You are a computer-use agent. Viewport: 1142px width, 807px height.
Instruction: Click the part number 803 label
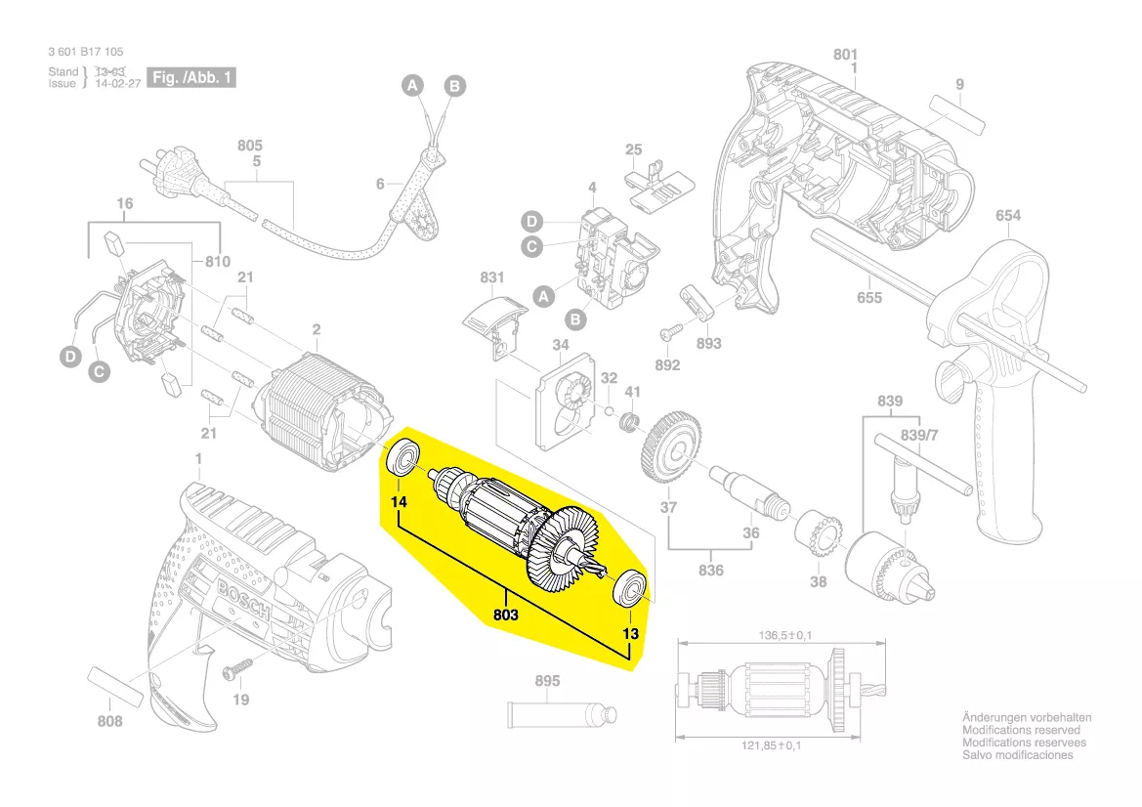pyautogui.click(x=505, y=616)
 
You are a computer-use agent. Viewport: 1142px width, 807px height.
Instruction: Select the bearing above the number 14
pyautogui.click(x=400, y=458)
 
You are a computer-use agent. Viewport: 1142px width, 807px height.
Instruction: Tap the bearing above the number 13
pyautogui.click(x=628, y=589)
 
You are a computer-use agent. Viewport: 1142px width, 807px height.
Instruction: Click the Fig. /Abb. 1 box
pyautogui.click(x=190, y=77)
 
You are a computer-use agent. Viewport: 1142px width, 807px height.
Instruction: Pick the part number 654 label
pyautogui.click(x=1008, y=216)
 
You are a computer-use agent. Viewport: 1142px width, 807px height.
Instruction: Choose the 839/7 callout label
pyautogui.click(x=916, y=434)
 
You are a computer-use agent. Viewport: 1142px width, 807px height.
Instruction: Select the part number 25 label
pyautogui.click(x=634, y=149)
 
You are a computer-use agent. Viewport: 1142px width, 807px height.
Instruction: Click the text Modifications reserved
pyautogui.click(x=1021, y=731)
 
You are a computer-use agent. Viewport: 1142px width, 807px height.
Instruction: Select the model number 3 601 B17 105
pyautogui.click(x=85, y=52)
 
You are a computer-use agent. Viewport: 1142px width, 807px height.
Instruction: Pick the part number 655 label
pyautogui.click(x=868, y=298)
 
